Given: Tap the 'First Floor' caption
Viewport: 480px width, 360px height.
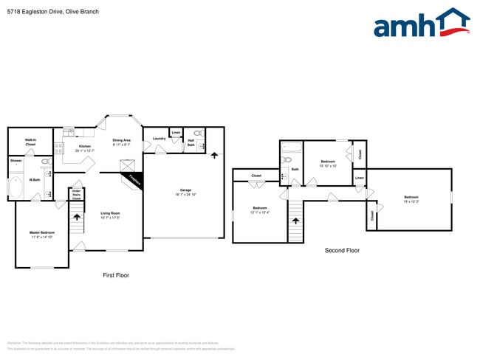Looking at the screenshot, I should click(x=115, y=275).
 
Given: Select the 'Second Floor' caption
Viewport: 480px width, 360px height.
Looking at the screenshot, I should click(x=342, y=251).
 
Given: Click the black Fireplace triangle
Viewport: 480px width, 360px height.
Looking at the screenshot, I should click(x=134, y=179).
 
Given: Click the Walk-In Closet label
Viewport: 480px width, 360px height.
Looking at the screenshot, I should click(x=30, y=142).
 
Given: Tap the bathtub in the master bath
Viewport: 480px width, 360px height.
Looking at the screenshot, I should click(x=16, y=187).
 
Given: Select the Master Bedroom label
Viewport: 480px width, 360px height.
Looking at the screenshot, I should click(x=42, y=235).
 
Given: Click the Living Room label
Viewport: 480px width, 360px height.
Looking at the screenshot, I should click(x=110, y=215).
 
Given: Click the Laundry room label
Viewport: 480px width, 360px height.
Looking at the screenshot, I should click(x=159, y=139).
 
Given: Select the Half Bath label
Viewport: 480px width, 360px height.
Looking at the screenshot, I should click(x=191, y=143).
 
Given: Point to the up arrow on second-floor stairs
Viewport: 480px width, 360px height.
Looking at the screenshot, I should click(x=296, y=220).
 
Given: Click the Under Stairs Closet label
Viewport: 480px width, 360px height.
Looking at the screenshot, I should click(x=76, y=195).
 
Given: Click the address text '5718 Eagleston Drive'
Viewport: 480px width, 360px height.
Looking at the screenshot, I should click(x=34, y=12).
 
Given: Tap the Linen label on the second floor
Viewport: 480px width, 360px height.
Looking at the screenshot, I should click(x=359, y=178).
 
